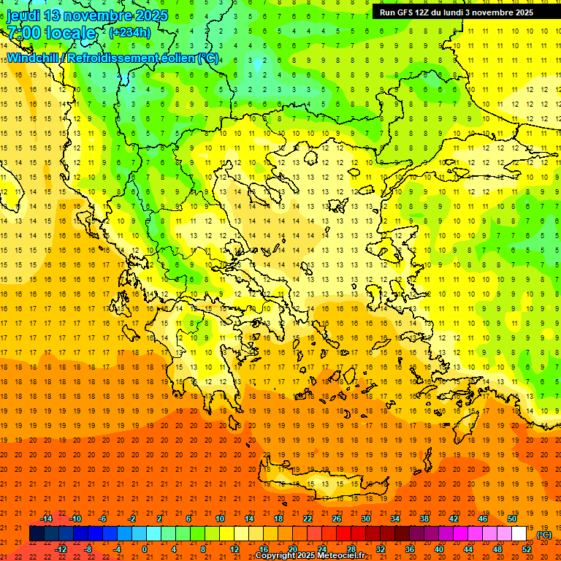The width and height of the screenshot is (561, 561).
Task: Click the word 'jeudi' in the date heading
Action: [23, 15]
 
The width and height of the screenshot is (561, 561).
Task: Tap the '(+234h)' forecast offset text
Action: [130, 33]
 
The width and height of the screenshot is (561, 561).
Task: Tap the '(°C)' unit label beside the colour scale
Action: [544, 535]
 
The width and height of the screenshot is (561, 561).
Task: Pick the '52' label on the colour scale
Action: [527, 549]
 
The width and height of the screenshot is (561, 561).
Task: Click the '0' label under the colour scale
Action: [145, 549]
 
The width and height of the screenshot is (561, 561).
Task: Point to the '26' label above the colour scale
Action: [337, 519]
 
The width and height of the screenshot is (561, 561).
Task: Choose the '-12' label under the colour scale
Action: [61, 549]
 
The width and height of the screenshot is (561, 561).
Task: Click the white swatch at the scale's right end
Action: [519, 534]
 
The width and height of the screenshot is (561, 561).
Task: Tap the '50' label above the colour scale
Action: [512, 519]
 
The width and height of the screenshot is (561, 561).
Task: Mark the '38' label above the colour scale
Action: [424, 519]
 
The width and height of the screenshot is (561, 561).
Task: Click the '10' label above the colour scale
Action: [220, 519]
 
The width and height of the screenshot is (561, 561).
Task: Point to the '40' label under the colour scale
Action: [439, 549]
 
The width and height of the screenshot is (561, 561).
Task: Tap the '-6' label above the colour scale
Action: [104, 519]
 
